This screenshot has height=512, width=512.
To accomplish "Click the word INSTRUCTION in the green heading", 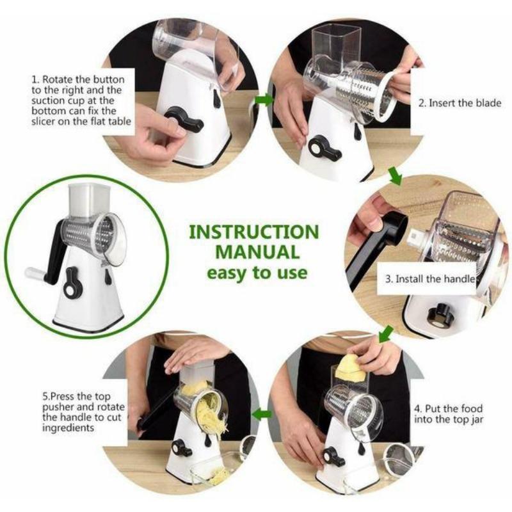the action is pyautogui.click(x=254, y=232).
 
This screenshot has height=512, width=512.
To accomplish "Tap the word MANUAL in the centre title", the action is pyautogui.click(x=257, y=252).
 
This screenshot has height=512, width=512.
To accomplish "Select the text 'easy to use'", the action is pyautogui.click(x=257, y=273).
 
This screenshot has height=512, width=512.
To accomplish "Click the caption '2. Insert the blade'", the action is pyautogui.click(x=460, y=103).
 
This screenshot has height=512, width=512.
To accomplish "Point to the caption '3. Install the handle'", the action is pyautogui.click(x=430, y=279).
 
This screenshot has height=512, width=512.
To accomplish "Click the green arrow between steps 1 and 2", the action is pyautogui.click(x=264, y=100).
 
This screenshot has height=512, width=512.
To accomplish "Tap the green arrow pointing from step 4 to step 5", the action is pyautogui.click(x=262, y=415).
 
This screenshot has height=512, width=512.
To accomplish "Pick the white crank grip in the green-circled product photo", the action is pyautogui.click(x=35, y=275).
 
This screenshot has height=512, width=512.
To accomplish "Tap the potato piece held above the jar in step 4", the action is pyautogui.click(x=351, y=369).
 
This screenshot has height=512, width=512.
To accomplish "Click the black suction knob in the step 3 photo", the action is pyautogui.click(x=440, y=316).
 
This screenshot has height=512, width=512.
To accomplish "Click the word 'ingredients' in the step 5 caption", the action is pyautogui.click(x=68, y=428).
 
